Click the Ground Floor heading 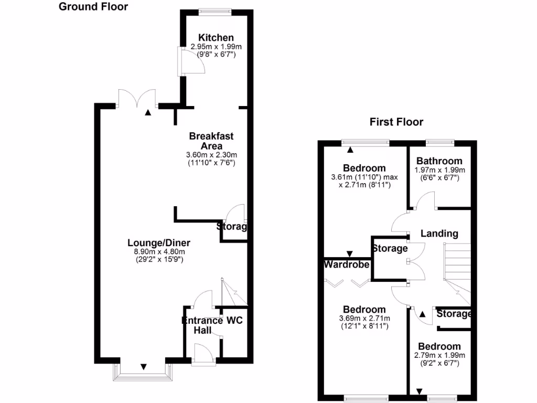point(93,7)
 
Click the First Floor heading point(396,122)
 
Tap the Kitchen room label point(216,38)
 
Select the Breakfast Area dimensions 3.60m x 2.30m point(212,155)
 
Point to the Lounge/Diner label point(159,243)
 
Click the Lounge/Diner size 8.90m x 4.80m point(159,251)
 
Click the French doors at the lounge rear point(137,98)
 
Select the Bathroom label point(439,161)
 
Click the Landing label point(439,234)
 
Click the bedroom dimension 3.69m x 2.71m point(364,319)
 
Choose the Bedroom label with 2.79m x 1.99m point(439,346)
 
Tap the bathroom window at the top point(439,142)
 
